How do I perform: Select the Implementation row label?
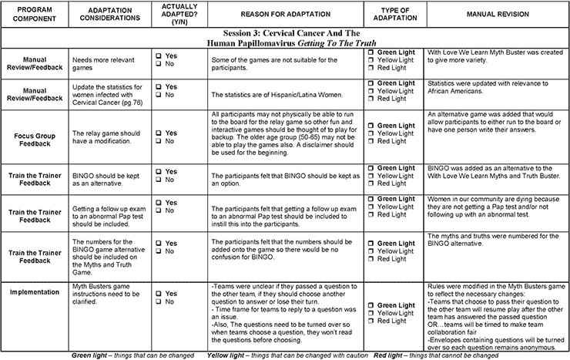31,292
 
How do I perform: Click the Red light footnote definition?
432,355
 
